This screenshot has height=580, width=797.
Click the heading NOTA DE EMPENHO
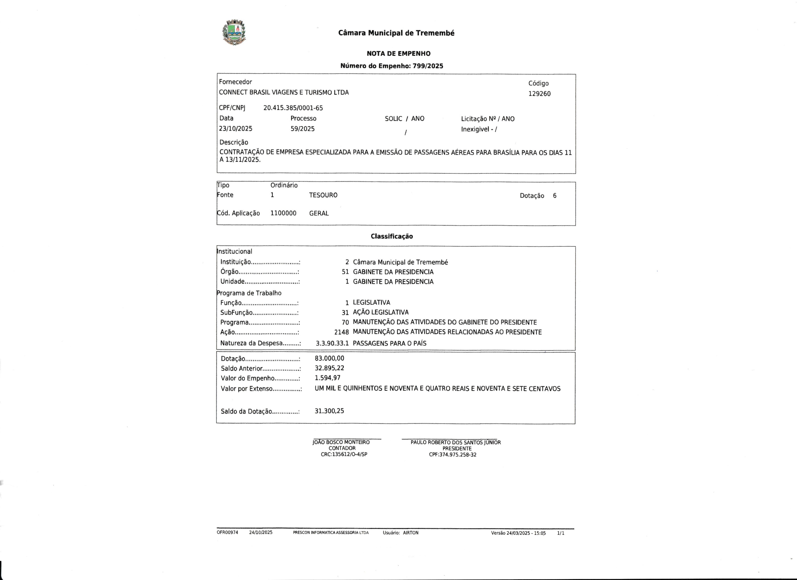[x=398, y=54]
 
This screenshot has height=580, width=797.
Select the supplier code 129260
[x=540, y=94]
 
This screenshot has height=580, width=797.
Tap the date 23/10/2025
[x=235, y=129]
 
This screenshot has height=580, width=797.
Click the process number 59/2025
[x=302, y=129]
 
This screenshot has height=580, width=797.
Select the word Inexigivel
[x=475, y=129]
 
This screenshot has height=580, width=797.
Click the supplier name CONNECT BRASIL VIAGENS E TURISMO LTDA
[x=284, y=92]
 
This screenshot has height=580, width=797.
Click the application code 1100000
[x=283, y=213]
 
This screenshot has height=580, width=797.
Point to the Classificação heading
[x=391, y=236]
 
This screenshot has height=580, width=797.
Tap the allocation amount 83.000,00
[x=329, y=358]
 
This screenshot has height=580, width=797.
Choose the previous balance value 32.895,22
[x=329, y=368]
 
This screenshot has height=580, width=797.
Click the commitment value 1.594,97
[x=328, y=378]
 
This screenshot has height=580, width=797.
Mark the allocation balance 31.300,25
[x=329, y=411]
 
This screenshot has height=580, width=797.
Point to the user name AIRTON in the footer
[x=411, y=532]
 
